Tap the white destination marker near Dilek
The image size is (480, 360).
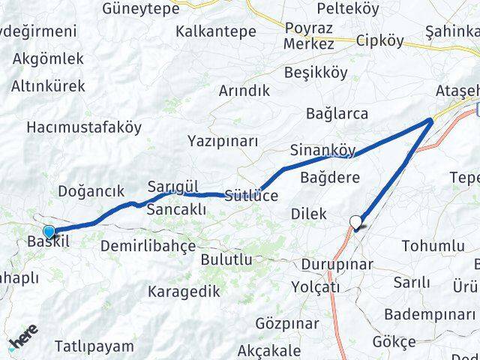click(356, 221)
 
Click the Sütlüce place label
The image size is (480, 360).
click(251, 196)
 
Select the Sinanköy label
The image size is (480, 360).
click(322, 149)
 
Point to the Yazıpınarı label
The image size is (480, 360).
click(223, 141)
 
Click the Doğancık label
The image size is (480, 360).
click(91, 191)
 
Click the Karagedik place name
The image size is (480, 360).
click(184, 291)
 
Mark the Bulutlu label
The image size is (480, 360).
click(226, 259)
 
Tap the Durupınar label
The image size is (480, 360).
click(336, 265)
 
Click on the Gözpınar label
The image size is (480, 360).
click(283, 324)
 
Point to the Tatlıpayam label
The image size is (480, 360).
click(94, 346)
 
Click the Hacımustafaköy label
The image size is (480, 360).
click(83, 127)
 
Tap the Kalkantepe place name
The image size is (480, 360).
click(216, 32)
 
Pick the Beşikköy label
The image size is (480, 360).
click(316, 73)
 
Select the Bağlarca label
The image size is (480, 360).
click(337, 114)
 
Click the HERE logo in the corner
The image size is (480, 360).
click(22, 343)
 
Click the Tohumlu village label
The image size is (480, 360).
click(433, 245)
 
